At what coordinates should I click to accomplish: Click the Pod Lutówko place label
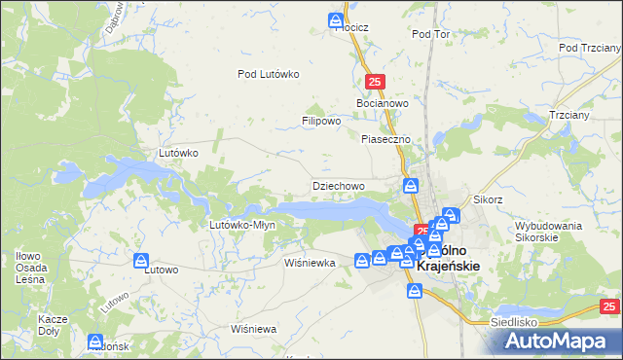pos(268,74)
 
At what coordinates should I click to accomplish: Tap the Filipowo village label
pos(320,122)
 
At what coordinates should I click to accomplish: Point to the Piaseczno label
pos(386,139)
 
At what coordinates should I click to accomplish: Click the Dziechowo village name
pos(338,185)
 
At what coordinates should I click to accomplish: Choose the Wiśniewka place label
pos(310,263)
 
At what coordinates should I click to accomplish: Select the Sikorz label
pos(487,199)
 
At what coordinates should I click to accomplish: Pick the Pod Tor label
pos(431,34)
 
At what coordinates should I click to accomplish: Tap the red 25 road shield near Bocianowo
pos(377,84)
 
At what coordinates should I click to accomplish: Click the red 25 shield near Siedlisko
pos(608,306)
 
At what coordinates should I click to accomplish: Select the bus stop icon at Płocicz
pos(336,19)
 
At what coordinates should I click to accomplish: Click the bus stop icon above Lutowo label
pos(141,262)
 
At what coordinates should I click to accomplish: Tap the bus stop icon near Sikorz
pos(450,215)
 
